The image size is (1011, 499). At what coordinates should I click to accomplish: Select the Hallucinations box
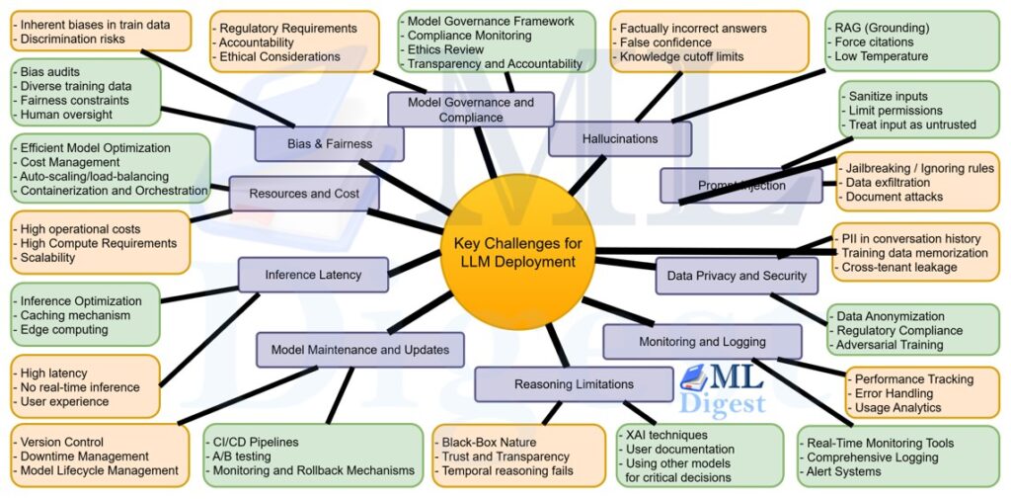click(619, 139)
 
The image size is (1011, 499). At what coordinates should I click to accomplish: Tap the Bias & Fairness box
click(329, 144)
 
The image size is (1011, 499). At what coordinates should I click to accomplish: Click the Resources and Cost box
click(304, 194)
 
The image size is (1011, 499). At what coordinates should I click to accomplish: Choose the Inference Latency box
click(313, 275)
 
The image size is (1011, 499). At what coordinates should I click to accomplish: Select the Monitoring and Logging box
click(702, 342)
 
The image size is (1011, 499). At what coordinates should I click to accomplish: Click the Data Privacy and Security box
click(737, 277)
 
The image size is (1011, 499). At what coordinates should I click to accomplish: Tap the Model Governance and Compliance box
click(470, 109)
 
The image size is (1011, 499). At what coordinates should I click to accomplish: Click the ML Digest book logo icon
click(697, 378)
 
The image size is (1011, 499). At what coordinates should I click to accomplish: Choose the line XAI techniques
click(665, 435)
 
